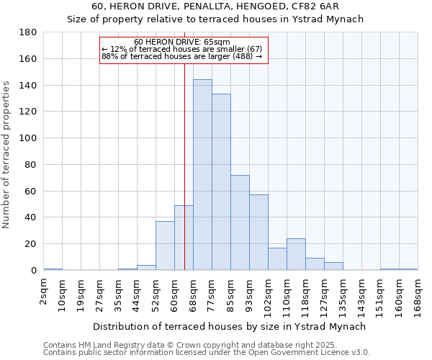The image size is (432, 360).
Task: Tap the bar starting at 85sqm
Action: coord(240,222)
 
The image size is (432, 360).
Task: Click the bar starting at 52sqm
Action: coord(165,246)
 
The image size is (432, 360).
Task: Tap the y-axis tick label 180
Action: coord(28,32)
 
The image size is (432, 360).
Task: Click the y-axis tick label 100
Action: coord(28,138)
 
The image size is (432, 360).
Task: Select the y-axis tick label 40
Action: coord(31,217)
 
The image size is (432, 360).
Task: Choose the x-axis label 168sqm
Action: coord(418,297)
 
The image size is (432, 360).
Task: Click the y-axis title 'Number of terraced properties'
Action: coord(7,155)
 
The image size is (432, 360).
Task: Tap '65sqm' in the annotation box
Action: coord(217,42)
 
